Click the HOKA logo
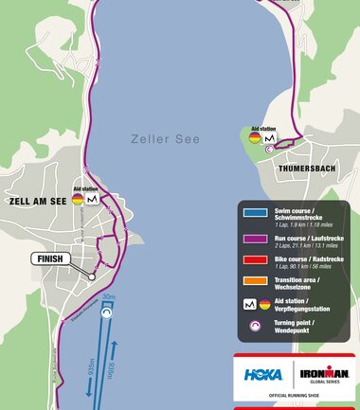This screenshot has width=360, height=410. click(263, 374)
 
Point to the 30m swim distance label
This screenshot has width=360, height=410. click(109, 297)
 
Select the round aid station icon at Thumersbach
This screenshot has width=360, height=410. click(255, 138)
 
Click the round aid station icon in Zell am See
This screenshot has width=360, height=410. click(77, 200)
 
